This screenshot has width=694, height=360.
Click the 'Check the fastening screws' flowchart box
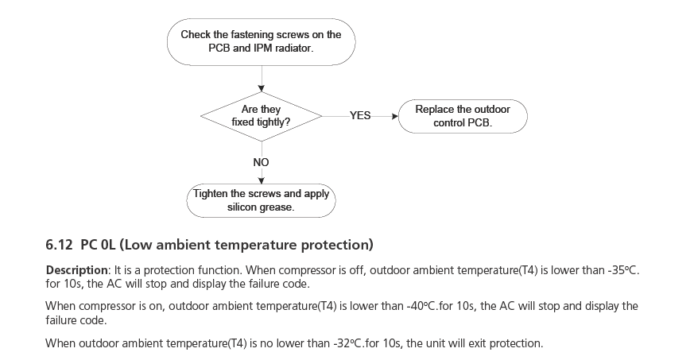pyautogui.click(x=261, y=41)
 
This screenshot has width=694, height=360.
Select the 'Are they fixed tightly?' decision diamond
pyautogui.click(x=261, y=116)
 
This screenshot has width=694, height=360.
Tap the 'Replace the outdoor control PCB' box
pyautogui.click(x=463, y=116)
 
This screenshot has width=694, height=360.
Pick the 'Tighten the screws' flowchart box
pyautogui.click(x=261, y=200)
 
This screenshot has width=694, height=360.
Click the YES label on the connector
pyautogui.click(x=360, y=116)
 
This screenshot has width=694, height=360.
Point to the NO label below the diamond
pyautogui.click(x=261, y=162)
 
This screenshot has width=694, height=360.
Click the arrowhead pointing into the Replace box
pyautogui.click(x=394, y=116)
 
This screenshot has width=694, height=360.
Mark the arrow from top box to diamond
pyautogui.click(x=261, y=79)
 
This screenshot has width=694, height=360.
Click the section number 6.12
pyautogui.click(x=60, y=243)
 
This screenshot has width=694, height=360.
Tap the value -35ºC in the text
pyautogui.click(x=622, y=270)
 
